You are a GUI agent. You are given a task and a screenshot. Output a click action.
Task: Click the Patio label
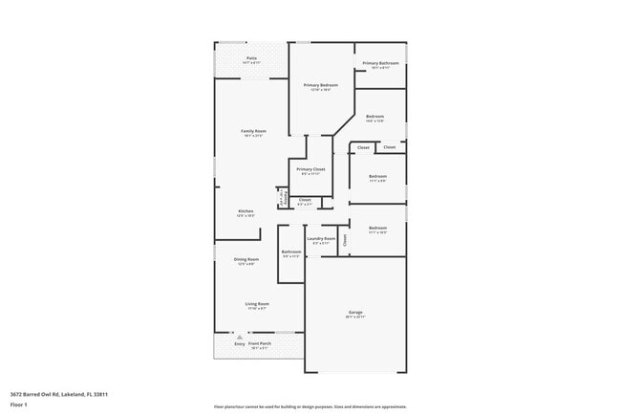[x=251, y=58]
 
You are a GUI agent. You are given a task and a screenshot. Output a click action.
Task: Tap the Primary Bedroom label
[x=321, y=85]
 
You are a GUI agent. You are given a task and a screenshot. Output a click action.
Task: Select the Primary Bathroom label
[x=380, y=64]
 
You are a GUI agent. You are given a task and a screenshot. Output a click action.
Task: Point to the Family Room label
[x=253, y=131]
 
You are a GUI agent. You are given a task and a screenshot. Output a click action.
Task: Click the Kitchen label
[x=246, y=211]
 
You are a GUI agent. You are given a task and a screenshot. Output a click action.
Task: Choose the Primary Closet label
[x=310, y=169]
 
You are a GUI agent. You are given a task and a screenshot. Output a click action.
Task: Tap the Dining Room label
[x=246, y=259]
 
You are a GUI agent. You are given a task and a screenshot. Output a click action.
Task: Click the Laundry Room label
[x=321, y=239]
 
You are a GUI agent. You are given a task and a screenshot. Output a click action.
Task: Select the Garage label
[x=355, y=315]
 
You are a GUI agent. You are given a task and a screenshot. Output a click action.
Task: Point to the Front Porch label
[x=261, y=343]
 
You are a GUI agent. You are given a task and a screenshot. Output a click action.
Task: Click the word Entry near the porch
[x=226, y=343]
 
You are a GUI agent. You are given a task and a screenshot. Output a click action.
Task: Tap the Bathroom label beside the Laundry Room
[x=291, y=252]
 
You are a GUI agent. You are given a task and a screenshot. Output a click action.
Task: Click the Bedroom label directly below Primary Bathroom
[x=375, y=117]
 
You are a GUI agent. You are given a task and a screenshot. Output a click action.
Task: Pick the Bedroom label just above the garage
[x=378, y=228]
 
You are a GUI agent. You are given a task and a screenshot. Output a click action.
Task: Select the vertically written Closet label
[x=345, y=240]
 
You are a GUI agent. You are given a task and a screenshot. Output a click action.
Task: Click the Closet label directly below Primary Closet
[x=305, y=200]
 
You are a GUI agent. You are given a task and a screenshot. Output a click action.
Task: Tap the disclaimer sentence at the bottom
[x=310, y=405]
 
